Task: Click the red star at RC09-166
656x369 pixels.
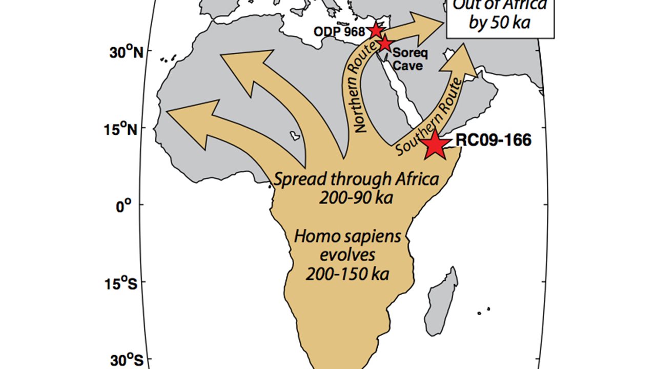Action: (x=435, y=144)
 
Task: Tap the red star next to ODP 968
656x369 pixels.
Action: (x=376, y=30)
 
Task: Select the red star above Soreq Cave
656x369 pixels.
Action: (x=385, y=44)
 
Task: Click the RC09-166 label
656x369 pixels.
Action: (x=493, y=140)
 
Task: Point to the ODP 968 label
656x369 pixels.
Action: (x=344, y=31)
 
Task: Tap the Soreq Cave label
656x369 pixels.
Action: (x=408, y=59)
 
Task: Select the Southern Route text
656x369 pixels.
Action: (x=429, y=116)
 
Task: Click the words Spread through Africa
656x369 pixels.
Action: (x=356, y=179)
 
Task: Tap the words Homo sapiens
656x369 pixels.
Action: (x=347, y=237)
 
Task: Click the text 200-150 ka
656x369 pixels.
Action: (x=347, y=274)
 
